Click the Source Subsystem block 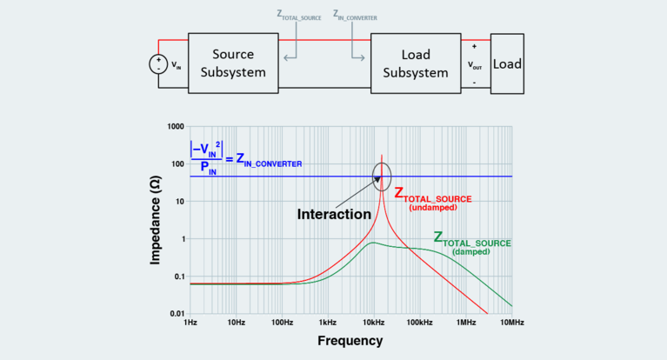point(233,63)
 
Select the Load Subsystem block point(416,63)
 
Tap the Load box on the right point(507,63)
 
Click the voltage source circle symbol point(159,64)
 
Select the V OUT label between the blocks point(474,63)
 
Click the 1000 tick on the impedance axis point(173,127)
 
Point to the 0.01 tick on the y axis point(175,313)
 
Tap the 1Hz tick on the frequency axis point(190,323)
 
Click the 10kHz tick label point(375,323)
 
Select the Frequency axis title point(350,342)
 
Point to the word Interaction point(334,213)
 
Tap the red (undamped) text point(432,208)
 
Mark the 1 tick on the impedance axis point(181,239)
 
